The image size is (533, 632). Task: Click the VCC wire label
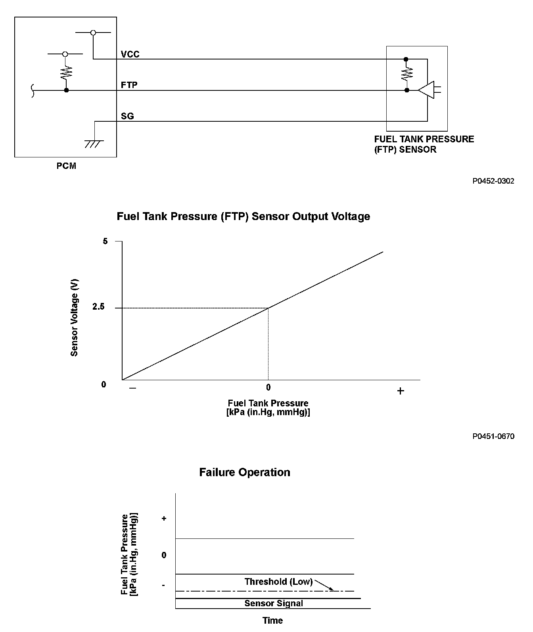coord(130,54)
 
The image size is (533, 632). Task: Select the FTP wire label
coord(129,85)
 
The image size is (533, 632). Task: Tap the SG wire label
coord(127,116)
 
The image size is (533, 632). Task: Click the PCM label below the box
coord(66,166)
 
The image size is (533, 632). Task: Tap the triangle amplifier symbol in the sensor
coord(426,90)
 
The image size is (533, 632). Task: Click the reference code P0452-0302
coord(493,181)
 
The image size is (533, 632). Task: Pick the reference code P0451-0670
coord(493,437)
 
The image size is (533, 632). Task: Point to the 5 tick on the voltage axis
coord(105,241)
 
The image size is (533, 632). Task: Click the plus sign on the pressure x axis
coord(401,391)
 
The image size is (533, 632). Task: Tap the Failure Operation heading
coord(245,472)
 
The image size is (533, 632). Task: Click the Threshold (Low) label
coord(278,582)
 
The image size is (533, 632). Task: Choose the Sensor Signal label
coord(274,603)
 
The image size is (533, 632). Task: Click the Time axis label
coord(273,621)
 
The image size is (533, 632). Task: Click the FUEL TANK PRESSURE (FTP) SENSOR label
coord(424,144)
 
